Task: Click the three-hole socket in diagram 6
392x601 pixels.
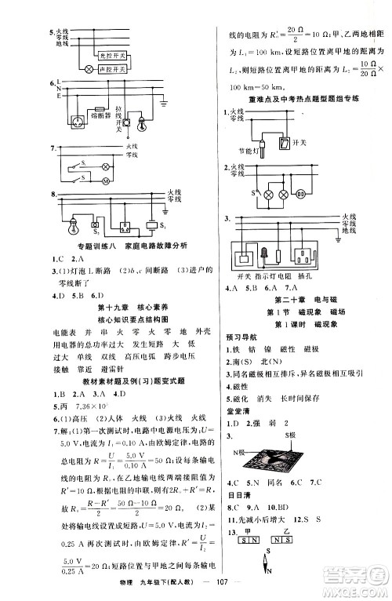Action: pos(78,123)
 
